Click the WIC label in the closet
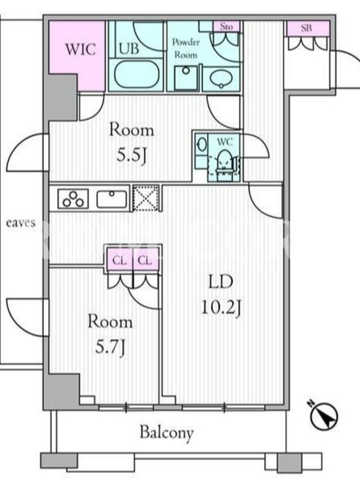pyautogui.click(x=80, y=49)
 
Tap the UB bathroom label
pyautogui.click(x=129, y=49)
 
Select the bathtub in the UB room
pyautogui.click(x=137, y=74)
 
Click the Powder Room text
pyautogui.click(x=186, y=49)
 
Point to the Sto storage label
pyautogui.click(x=227, y=26)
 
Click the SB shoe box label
pyautogui.click(x=307, y=28)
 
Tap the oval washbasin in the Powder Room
pyautogui.click(x=221, y=79)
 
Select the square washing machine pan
pyautogui.click(x=186, y=78)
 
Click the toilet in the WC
pyautogui.click(x=224, y=164)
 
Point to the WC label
pyautogui.click(x=224, y=142)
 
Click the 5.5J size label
pyautogui.click(x=131, y=156)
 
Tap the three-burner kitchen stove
pyautogui.click(x=73, y=199)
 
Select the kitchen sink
pyautogui.click(x=112, y=199)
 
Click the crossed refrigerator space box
pyautogui.click(x=146, y=198)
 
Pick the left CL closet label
pyautogui.click(x=119, y=261)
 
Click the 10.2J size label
pyautogui.click(x=221, y=307)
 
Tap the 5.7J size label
pyautogui.click(x=110, y=347)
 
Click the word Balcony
pyautogui.click(x=167, y=433)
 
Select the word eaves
pyautogui.click(x=21, y=223)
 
